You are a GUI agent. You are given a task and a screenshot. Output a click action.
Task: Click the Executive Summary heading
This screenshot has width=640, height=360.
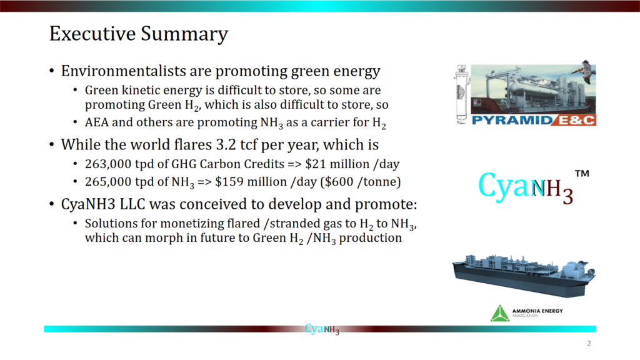(138, 34)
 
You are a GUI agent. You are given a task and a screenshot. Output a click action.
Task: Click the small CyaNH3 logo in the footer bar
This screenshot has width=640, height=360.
(322, 329)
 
